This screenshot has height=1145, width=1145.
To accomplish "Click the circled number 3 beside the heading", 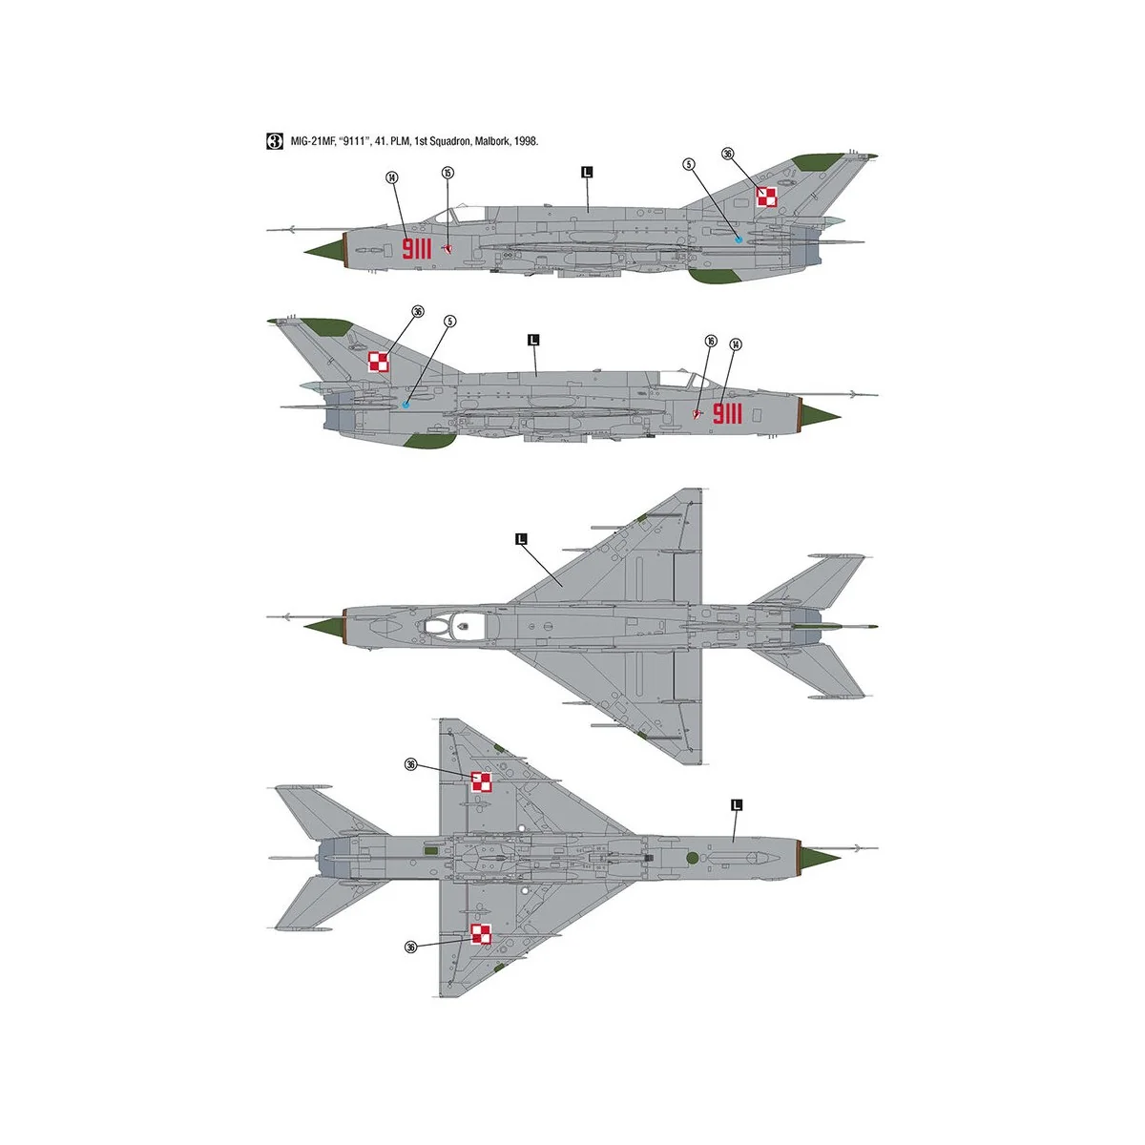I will (x=274, y=141).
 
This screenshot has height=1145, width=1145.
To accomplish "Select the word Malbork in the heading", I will (x=486, y=141).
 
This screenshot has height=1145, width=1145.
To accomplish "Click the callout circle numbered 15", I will (x=448, y=173).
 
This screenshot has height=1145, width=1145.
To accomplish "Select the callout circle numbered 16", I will (x=710, y=341).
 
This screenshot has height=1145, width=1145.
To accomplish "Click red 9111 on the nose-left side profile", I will (x=417, y=250).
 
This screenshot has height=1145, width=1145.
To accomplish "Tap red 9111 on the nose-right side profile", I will (x=727, y=413).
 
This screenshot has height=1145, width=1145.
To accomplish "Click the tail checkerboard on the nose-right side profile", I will (x=379, y=362).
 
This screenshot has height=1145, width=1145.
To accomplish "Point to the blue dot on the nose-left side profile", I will (x=739, y=239).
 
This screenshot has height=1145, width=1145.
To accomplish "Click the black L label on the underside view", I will (x=736, y=804).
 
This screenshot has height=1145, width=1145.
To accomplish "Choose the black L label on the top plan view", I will (x=521, y=539).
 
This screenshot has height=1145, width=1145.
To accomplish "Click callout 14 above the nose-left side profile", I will (x=391, y=177).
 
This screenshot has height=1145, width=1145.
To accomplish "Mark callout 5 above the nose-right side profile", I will (x=449, y=322).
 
